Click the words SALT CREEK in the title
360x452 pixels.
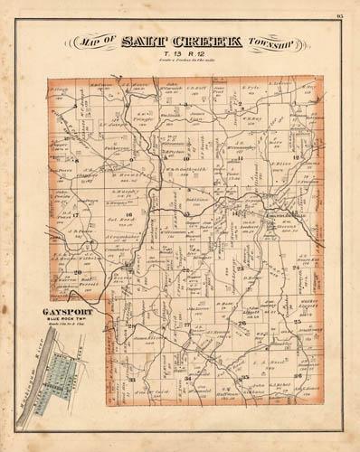click(x=184, y=43)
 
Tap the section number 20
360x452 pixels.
click(x=79, y=271)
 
